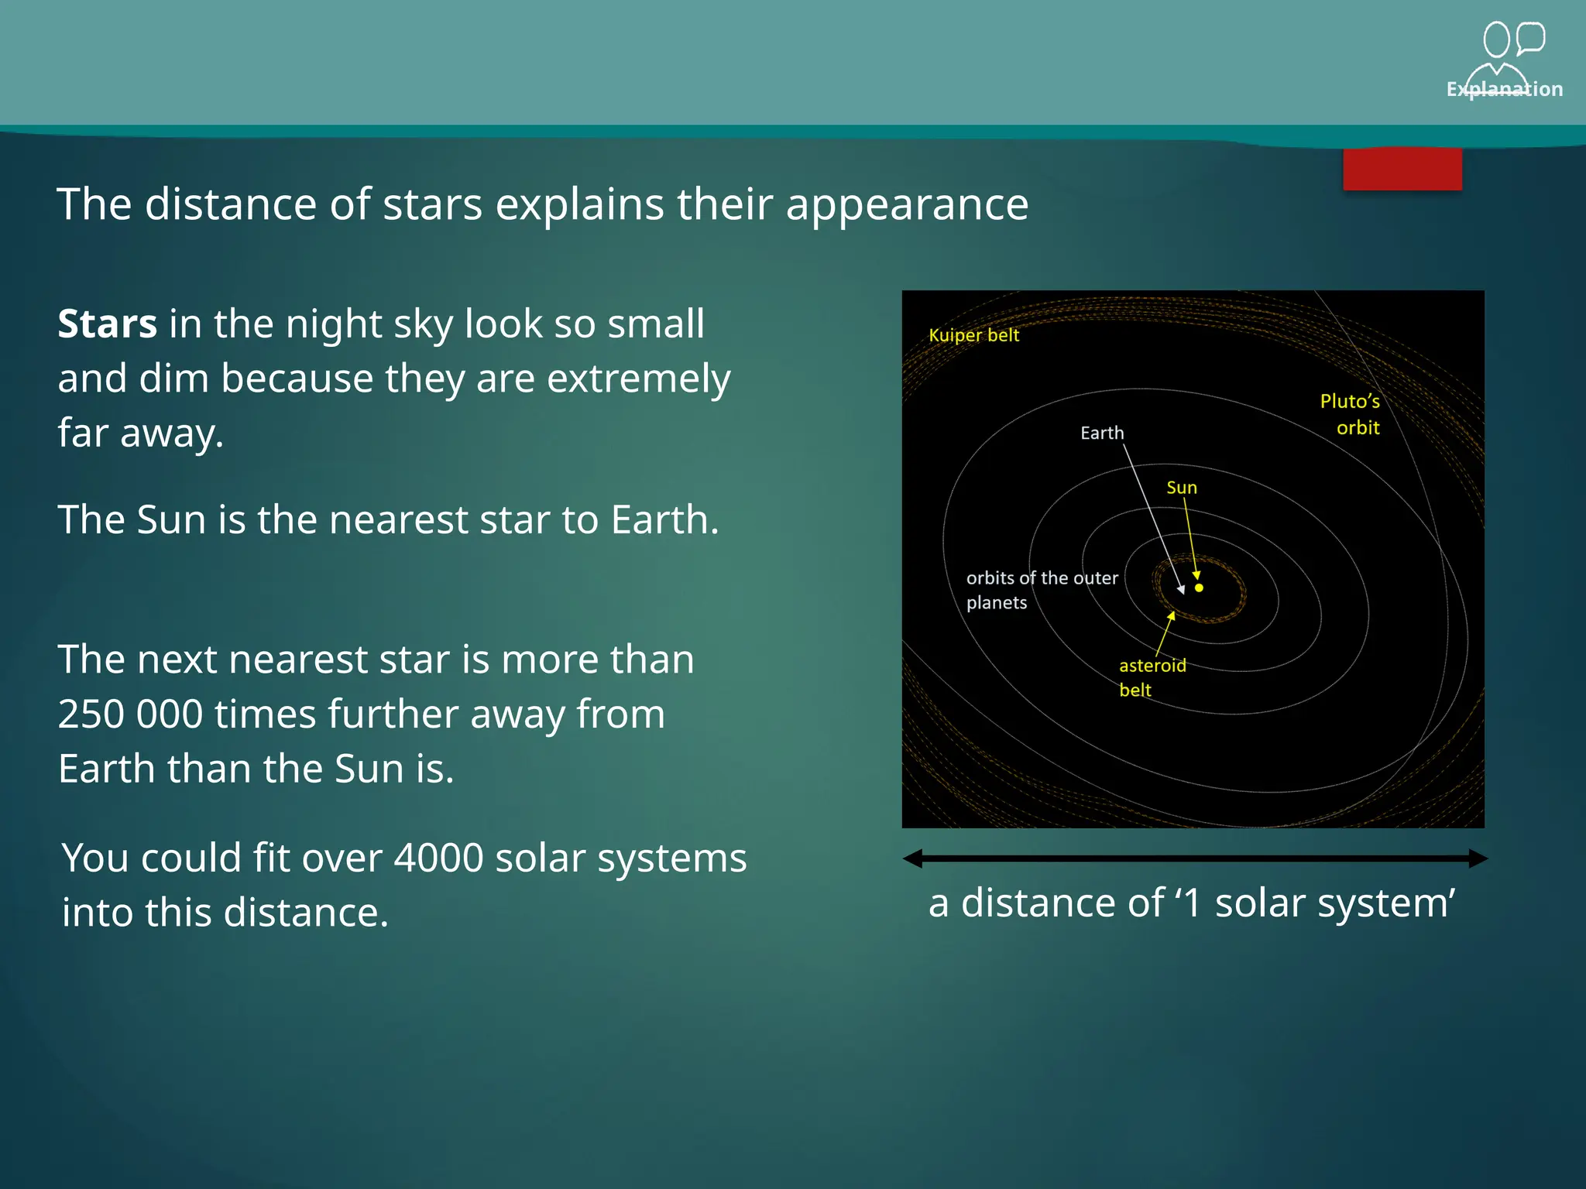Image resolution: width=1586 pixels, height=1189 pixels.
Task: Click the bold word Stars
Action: (107, 324)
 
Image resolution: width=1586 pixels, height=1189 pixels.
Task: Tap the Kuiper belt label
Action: (973, 335)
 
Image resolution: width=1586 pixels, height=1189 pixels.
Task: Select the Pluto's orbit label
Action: (1351, 414)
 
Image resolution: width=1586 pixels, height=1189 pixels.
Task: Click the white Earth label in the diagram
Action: (1102, 433)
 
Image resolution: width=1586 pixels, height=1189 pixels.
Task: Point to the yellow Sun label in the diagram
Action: (1182, 488)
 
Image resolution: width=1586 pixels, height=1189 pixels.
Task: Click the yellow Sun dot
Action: (1199, 588)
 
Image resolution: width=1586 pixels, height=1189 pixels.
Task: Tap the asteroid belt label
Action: (1152, 677)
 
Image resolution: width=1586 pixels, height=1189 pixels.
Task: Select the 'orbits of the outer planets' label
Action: (1041, 590)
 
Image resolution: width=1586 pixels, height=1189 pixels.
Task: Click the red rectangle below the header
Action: (1402, 170)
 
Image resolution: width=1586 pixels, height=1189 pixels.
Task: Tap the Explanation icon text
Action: (1504, 90)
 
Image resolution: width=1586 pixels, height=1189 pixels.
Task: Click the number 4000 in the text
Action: (438, 858)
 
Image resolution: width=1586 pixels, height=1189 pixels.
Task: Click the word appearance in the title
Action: (907, 204)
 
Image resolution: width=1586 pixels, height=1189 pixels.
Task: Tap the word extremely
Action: (640, 379)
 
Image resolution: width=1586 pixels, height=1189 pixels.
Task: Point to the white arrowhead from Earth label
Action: (1181, 590)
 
